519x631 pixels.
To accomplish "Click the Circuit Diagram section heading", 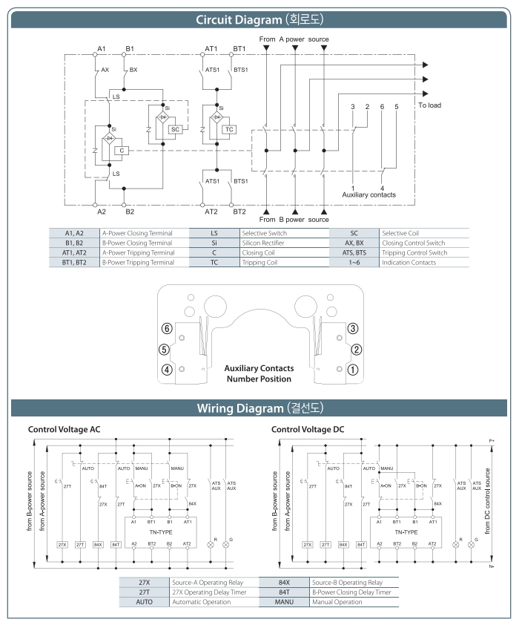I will pos(259,19).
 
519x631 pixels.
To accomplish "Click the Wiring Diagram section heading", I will pos(259,408).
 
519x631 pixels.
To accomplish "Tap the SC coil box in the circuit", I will pos(175,128).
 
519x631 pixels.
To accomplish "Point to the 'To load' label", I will pos(429,105).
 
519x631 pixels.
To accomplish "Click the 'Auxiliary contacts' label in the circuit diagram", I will pos(368,194).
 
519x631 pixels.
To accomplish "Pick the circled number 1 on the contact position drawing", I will pos(355,369).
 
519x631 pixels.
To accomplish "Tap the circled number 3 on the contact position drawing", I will pos(355,328).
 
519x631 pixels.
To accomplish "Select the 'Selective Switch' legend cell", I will pos(282,233).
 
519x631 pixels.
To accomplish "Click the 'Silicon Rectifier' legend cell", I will pos(282,243).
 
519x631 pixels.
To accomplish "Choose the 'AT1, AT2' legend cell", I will pos(75,252).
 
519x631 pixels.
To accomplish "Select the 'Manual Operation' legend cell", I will pos(333,601).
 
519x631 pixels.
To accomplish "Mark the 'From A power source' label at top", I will pos(294,38).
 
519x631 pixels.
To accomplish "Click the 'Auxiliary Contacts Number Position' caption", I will pos(259,373).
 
